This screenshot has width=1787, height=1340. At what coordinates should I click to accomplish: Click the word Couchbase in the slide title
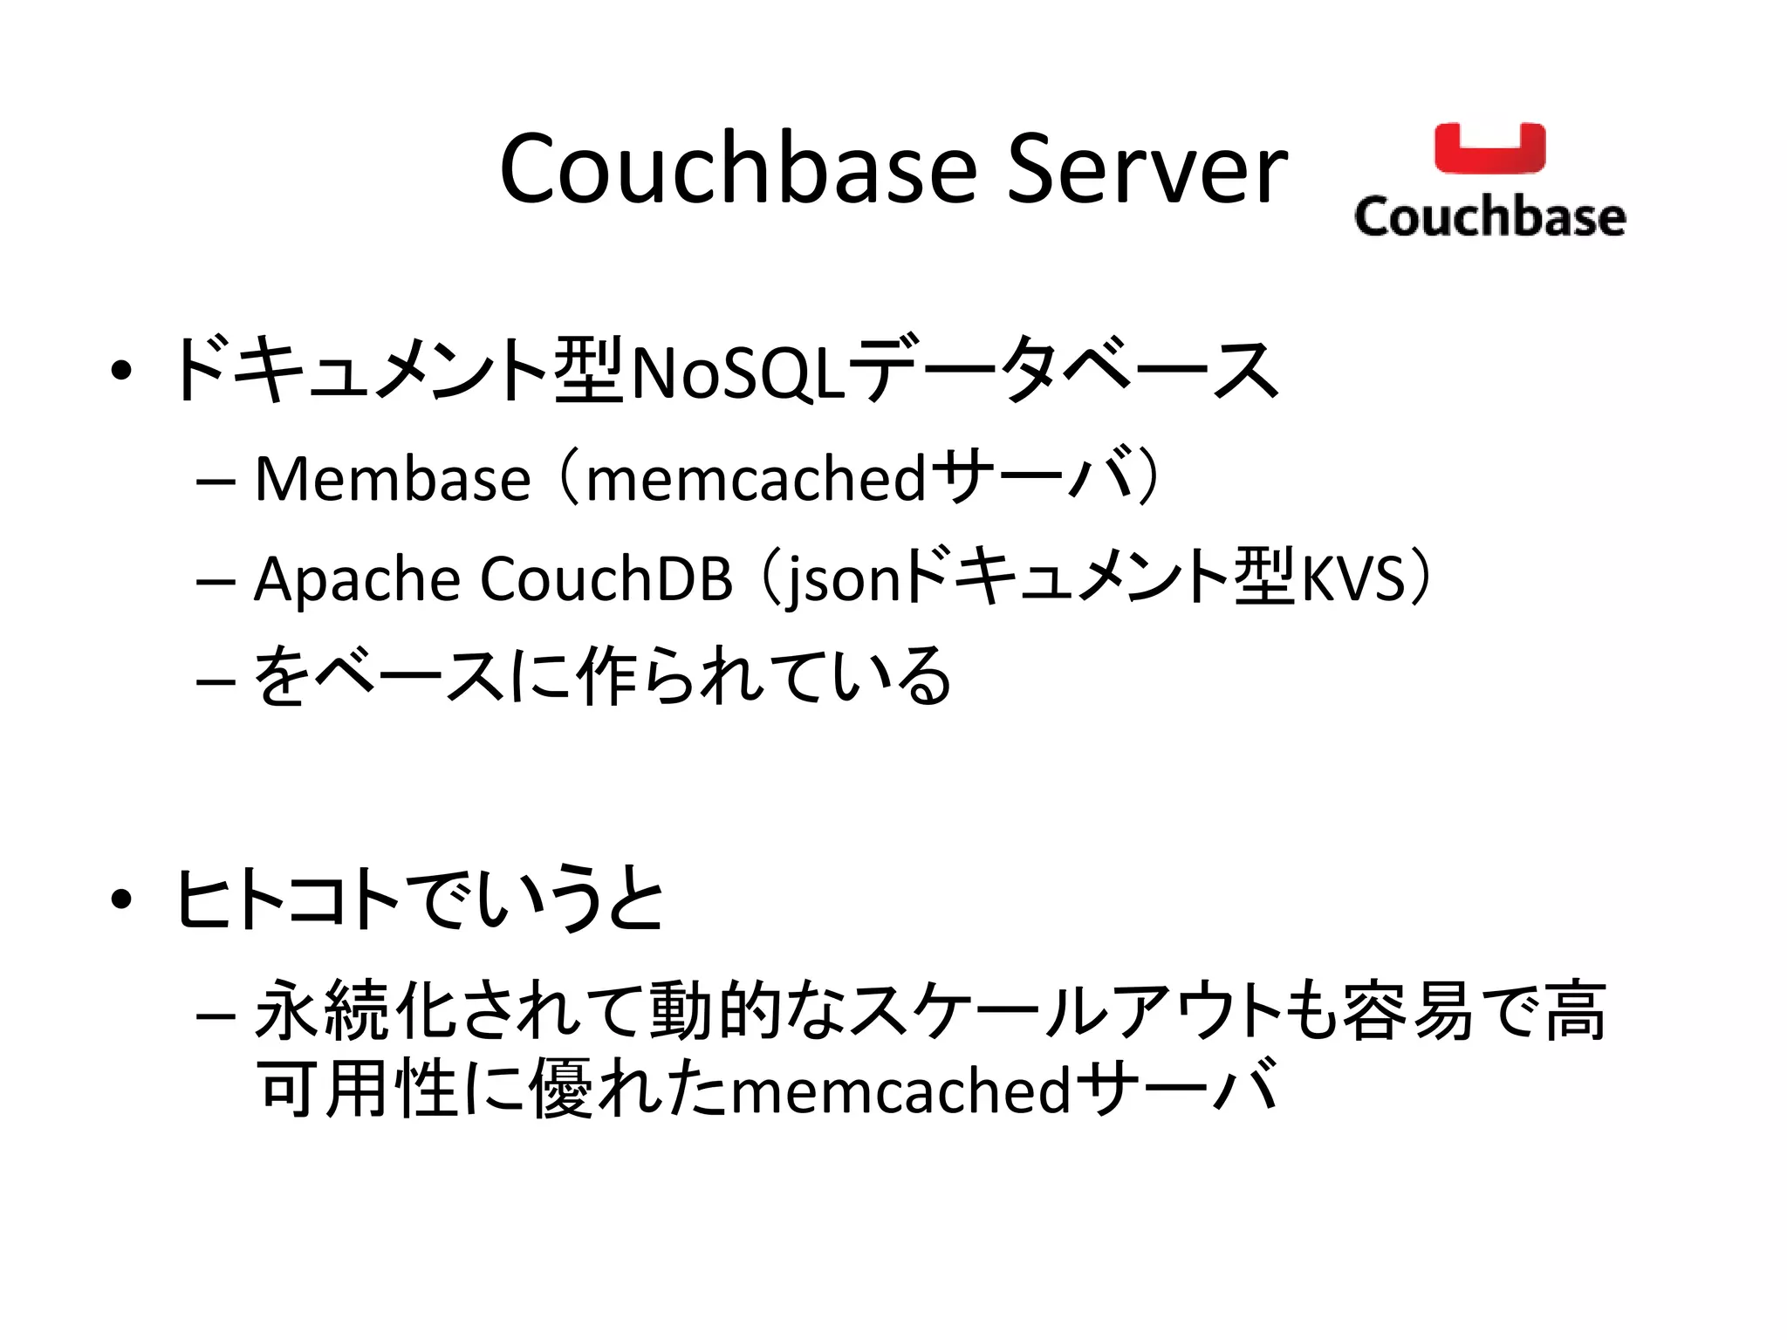pos(738,169)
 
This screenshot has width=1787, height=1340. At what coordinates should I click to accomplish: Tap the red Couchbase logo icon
pos(1489,148)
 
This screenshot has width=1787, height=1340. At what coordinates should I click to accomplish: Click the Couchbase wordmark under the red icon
pos(1489,215)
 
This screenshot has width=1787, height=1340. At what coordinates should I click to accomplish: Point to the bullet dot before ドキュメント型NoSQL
pos(121,371)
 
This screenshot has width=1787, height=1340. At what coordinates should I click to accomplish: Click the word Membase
pos(393,479)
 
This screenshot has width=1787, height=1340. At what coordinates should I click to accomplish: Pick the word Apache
pos(357,578)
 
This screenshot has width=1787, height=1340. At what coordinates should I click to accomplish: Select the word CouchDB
pos(606,578)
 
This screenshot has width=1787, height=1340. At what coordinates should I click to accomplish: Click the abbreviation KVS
pos(1352,578)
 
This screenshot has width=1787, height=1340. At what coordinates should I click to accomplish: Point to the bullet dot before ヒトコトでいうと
pos(121,899)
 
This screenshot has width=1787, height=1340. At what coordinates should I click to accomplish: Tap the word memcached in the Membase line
pos(756,479)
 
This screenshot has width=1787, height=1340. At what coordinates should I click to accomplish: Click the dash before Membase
pos(216,482)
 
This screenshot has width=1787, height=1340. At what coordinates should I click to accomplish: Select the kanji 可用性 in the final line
pos(358,1090)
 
